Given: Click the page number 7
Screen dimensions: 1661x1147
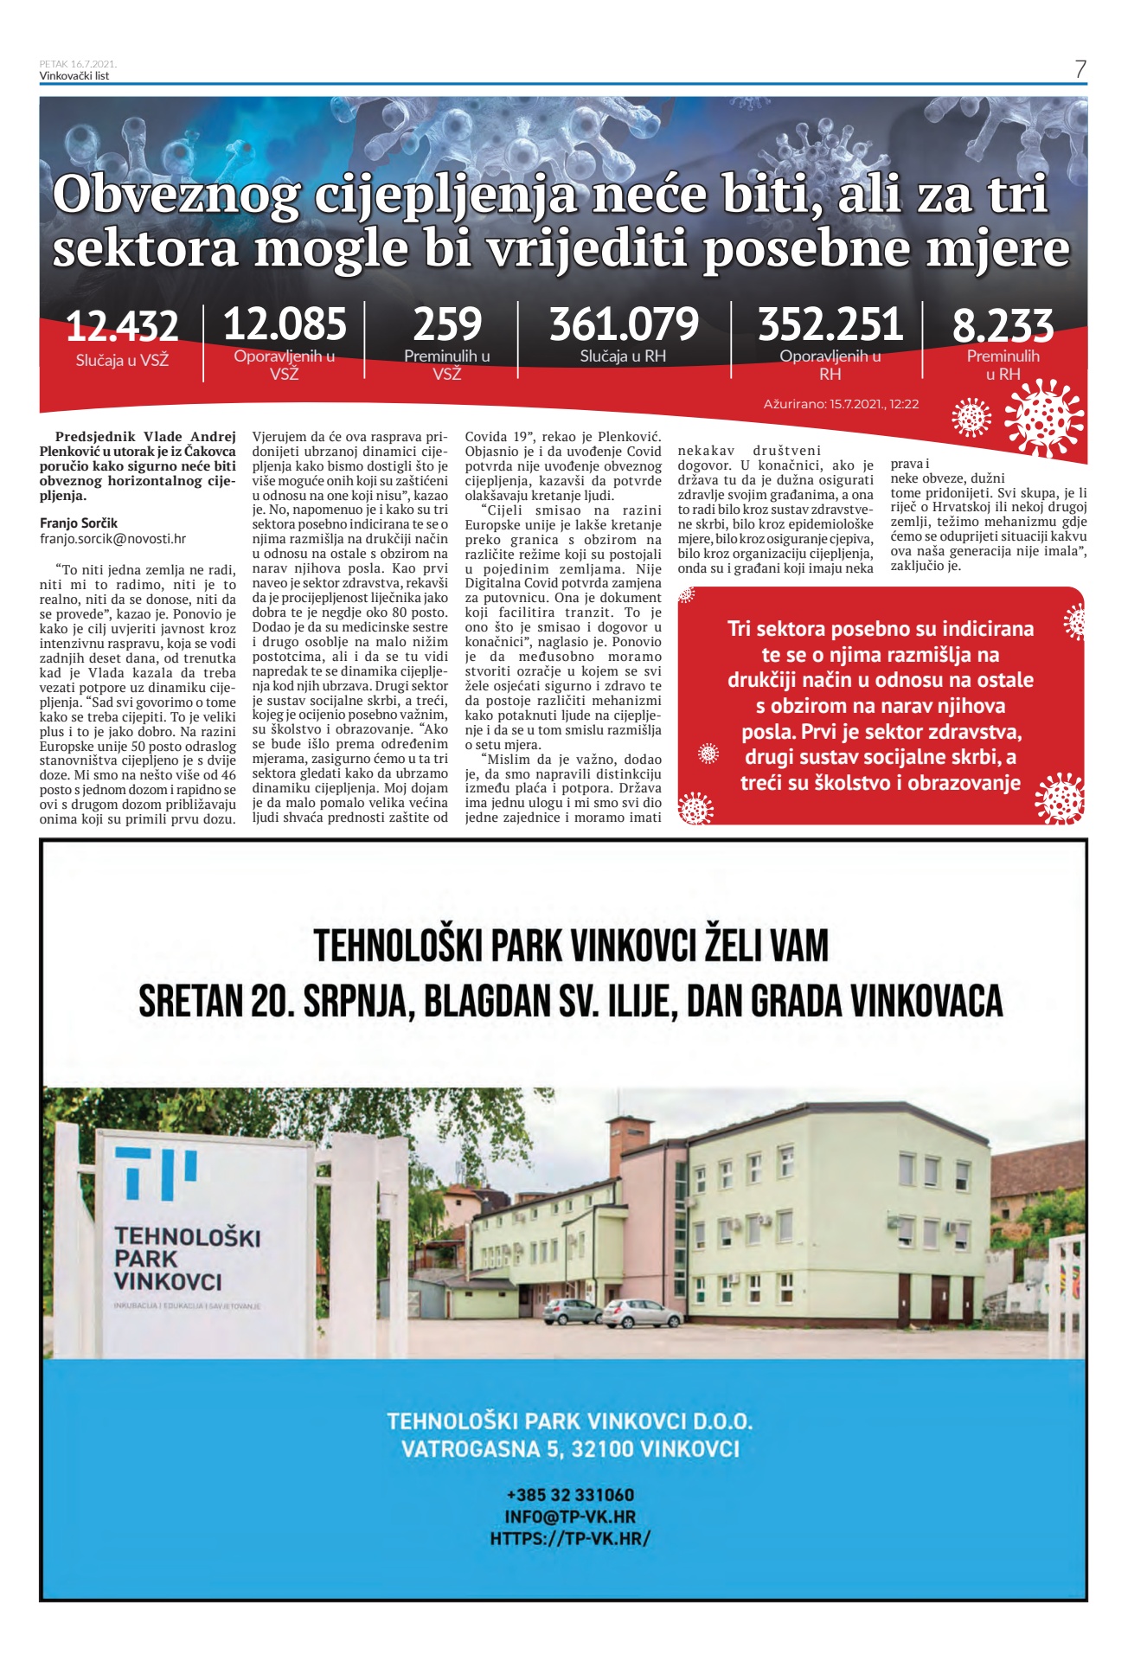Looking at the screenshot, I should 1080,69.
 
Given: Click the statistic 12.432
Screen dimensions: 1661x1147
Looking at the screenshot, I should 122,326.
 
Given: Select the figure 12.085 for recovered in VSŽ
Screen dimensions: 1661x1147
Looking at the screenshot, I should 285,324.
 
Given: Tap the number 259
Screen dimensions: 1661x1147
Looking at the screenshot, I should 447,324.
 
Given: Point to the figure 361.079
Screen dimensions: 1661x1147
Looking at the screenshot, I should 624,324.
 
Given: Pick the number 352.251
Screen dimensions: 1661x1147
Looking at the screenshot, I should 830,324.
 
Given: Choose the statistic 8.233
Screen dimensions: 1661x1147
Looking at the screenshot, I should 1003,326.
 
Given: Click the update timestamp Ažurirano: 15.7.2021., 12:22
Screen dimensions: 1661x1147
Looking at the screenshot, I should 841,404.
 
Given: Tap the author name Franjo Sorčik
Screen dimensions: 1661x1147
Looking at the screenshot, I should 79,523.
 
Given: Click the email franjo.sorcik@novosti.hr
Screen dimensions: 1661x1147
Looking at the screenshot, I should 112,539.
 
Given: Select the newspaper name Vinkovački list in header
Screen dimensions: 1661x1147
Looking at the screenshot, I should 74,76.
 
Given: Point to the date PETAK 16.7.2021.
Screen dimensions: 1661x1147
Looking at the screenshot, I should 78,64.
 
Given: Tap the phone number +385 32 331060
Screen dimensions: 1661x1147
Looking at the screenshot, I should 570,1495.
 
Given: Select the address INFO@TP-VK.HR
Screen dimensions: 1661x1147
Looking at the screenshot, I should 570,1517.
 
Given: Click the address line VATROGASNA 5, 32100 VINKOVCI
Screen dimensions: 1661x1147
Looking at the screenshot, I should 570,1449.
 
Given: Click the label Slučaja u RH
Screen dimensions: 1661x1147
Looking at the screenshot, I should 623,356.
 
